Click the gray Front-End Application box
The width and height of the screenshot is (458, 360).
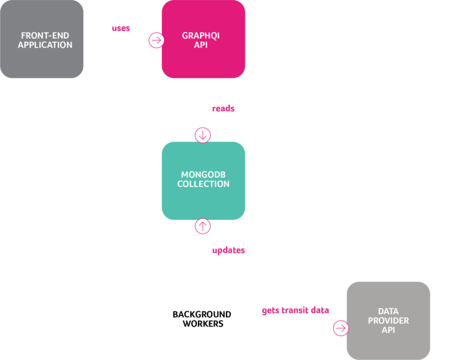[x=42, y=39]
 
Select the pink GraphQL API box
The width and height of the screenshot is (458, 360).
[x=203, y=39]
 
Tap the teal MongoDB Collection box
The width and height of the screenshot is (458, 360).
[x=203, y=180]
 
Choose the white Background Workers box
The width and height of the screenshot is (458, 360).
[x=203, y=319]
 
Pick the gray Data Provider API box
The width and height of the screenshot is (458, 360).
[x=388, y=320]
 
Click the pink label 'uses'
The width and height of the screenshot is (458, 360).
[x=121, y=28]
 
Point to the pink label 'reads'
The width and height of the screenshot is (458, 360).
[x=224, y=108]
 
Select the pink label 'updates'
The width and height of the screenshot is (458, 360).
[x=228, y=250]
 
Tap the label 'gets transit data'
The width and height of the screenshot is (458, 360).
[x=295, y=311]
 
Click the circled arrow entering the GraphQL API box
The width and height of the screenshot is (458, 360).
[x=157, y=40]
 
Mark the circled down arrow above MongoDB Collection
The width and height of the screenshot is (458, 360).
[x=203, y=135]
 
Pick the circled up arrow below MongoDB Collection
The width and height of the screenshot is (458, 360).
[x=203, y=226]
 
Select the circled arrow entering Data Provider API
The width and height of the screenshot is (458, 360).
[x=341, y=328]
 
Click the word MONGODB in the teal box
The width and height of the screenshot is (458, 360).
[x=203, y=175]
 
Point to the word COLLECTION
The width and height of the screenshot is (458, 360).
[x=203, y=184]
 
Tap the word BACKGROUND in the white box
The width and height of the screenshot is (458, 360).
[x=202, y=314]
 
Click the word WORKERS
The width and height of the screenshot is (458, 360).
[x=203, y=324]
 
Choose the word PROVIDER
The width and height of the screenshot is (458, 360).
[x=388, y=321]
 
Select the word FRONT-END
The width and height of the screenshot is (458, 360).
[x=45, y=35]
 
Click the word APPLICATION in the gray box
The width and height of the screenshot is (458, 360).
[x=45, y=45]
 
